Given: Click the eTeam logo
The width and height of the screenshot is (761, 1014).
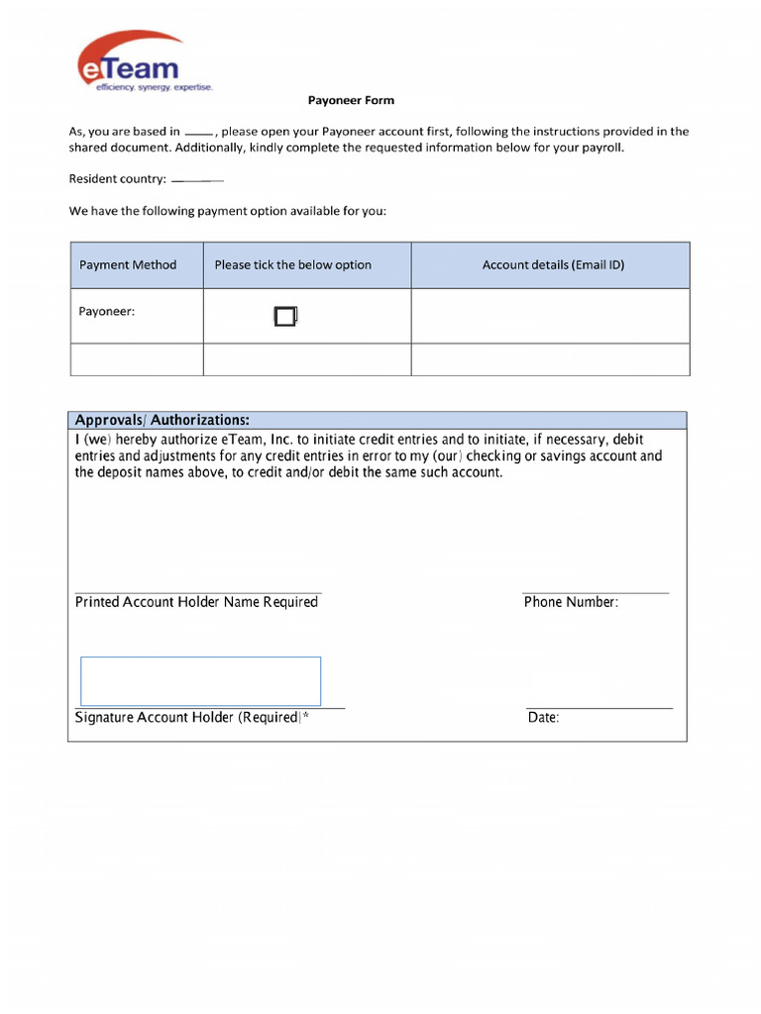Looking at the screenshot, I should pos(130,61).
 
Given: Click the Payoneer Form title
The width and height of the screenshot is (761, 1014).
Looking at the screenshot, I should pos(351,100).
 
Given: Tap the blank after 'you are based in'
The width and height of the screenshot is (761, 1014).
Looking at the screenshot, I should pos(198,132).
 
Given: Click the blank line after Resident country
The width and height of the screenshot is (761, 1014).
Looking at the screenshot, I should pos(197,180).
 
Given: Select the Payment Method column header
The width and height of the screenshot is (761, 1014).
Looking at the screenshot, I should pos(128,265).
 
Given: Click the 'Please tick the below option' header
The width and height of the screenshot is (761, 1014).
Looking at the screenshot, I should pos(293,265).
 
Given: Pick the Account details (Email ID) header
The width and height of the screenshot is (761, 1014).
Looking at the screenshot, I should pos(553,265).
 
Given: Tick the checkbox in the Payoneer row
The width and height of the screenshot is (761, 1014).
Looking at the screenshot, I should pos(284,317).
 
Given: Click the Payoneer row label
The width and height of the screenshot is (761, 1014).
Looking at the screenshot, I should pos(107,312).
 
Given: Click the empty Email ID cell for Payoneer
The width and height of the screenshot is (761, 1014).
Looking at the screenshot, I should pos(550,316).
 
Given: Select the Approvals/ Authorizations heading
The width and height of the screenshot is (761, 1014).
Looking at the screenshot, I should pos(163,420).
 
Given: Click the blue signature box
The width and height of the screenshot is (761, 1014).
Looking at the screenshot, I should pos(200,681).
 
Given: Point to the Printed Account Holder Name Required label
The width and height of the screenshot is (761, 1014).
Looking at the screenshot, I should pos(196,602).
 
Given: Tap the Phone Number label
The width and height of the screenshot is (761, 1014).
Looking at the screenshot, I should pos(571,602).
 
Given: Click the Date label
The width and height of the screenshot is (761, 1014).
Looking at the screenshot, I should pos(543,718).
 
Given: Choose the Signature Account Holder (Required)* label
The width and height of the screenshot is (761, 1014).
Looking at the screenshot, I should pos(192,718).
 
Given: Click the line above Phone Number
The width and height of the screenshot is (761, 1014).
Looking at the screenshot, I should pos(596,593).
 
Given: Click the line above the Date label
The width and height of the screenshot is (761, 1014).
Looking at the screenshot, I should pos(599,709).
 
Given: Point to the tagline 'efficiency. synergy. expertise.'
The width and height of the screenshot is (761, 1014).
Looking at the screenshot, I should pos(154,88).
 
